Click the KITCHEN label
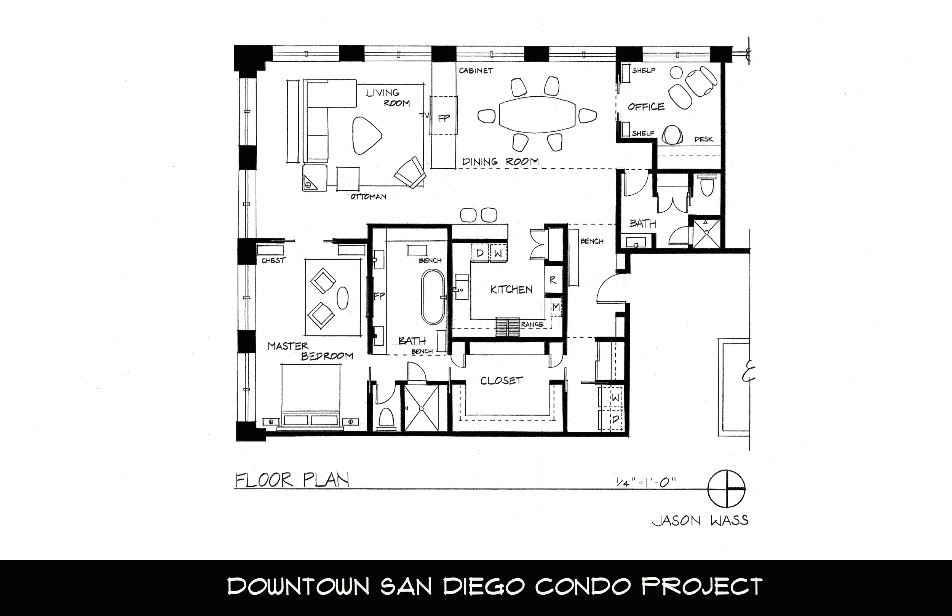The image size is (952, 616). (x=511, y=289)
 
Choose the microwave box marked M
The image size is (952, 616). (x=556, y=307)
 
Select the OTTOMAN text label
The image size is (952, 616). (x=368, y=197)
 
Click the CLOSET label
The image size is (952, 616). (x=502, y=380)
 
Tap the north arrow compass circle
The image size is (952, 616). (x=727, y=489)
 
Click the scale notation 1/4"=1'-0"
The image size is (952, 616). (x=645, y=483)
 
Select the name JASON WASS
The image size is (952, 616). (x=700, y=520)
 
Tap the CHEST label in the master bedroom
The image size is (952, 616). (x=273, y=260)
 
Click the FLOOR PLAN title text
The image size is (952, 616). (x=292, y=480)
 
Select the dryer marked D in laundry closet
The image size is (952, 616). (x=615, y=419)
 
